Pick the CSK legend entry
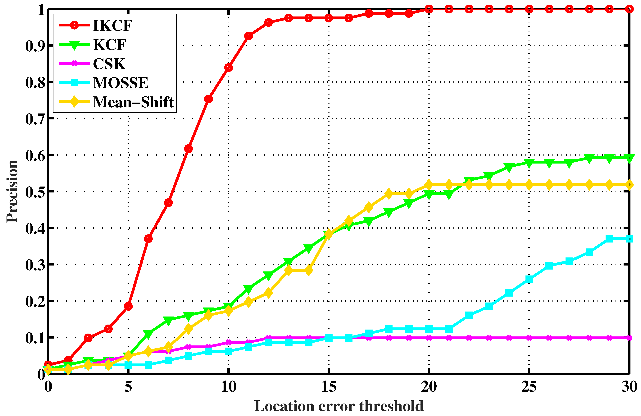(x=109, y=64)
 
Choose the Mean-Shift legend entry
(x=133, y=102)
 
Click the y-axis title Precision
(x=12, y=191)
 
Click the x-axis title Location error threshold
(x=339, y=406)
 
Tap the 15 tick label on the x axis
(x=329, y=387)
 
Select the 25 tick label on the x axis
(x=529, y=387)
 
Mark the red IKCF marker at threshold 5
(x=128, y=306)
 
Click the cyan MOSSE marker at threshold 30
(x=629, y=239)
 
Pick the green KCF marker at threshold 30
(x=629, y=158)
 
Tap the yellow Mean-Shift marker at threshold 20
(x=429, y=185)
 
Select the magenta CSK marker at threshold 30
(x=629, y=338)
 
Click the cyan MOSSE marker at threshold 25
(x=529, y=279)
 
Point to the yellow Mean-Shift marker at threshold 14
(x=309, y=270)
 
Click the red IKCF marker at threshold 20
(x=429, y=9)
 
